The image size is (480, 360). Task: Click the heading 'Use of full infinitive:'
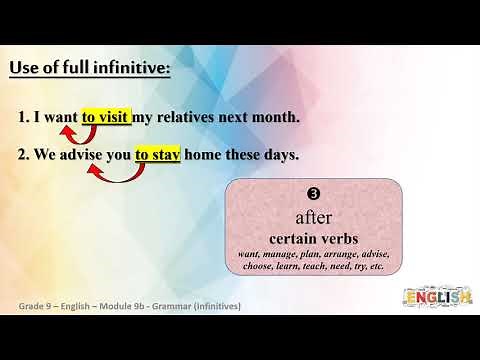point(89,68)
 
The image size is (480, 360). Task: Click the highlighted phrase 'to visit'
point(106,117)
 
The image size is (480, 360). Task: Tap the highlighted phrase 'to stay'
point(157,155)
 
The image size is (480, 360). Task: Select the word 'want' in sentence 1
point(59,117)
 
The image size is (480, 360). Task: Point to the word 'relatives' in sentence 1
point(189,117)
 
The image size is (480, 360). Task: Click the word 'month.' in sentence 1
point(276,117)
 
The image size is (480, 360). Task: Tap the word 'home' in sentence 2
point(204,155)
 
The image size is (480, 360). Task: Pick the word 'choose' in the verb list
point(257,267)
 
